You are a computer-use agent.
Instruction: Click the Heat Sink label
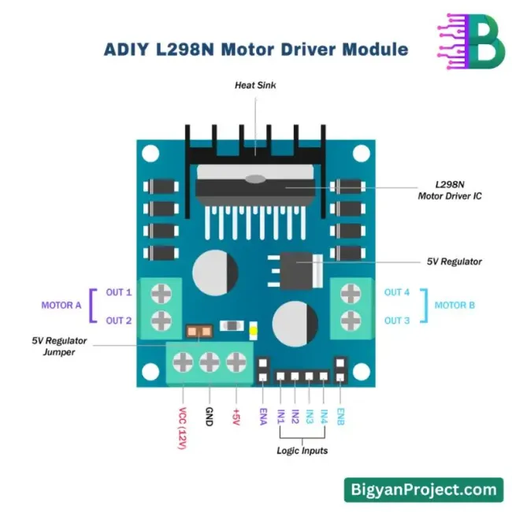(255, 84)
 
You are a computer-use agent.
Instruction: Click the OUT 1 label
(119, 292)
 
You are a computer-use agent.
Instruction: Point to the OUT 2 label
(119, 321)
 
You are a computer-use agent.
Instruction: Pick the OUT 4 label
(397, 292)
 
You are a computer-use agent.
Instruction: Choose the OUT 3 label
(397, 321)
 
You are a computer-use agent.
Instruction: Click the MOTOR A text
(61, 305)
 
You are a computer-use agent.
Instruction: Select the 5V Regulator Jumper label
(59, 347)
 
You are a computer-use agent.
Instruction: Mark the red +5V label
(236, 417)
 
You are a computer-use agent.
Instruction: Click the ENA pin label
(263, 415)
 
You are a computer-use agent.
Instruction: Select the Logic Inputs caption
(302, 451)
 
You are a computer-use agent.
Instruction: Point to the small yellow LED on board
(253, 331)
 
